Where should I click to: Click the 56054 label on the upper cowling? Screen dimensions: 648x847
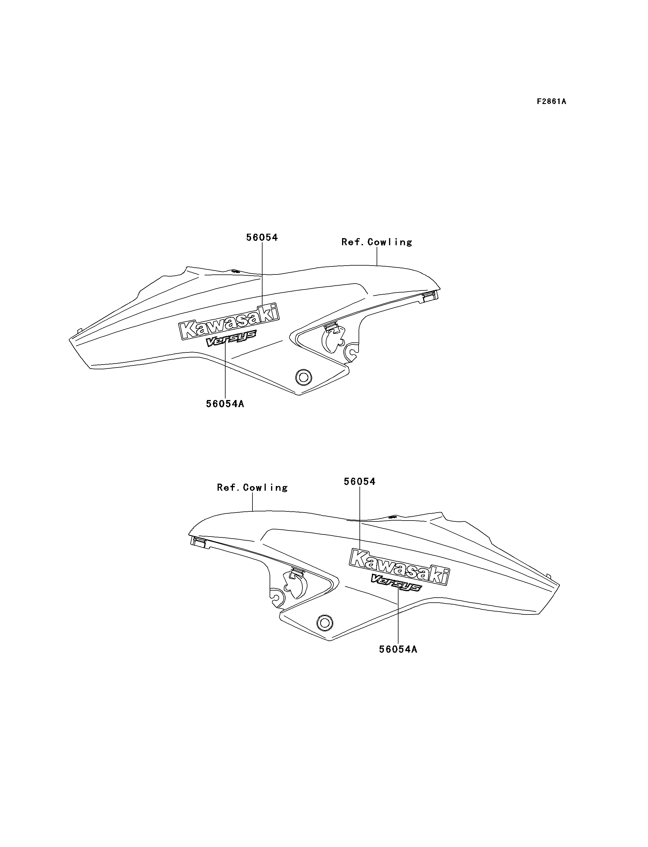262,238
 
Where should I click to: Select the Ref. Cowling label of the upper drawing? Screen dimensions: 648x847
377,242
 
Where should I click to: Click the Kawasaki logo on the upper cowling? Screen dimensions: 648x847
229,321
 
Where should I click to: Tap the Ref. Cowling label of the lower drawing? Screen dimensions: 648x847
252,488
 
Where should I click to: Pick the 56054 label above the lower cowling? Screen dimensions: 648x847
359,482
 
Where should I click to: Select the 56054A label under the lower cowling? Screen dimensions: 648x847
398,649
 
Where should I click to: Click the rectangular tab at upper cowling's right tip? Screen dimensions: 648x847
430,296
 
